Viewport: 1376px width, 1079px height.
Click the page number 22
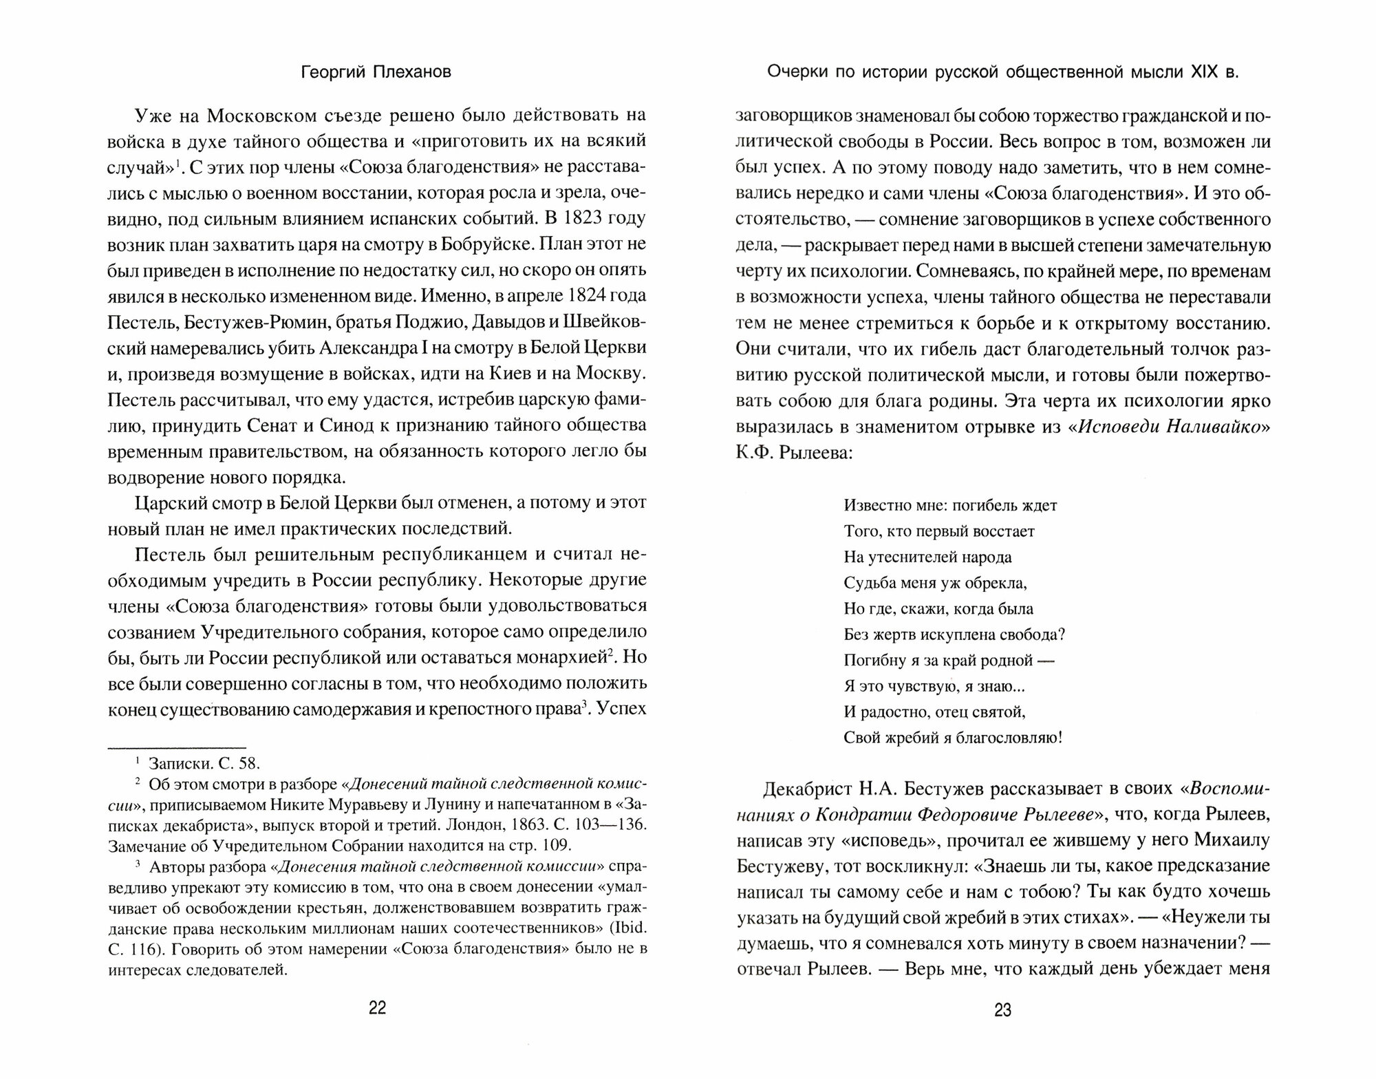tap(378, 1009)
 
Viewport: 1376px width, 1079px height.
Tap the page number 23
tap(1003, 1010)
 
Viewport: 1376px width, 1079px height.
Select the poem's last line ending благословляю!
tap(953, 738)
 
